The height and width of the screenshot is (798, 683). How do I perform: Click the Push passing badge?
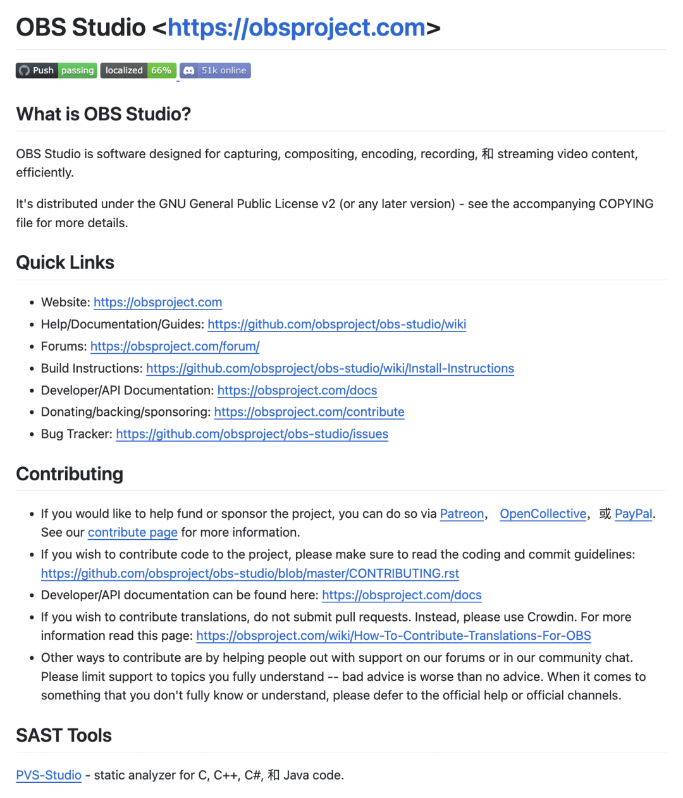56,70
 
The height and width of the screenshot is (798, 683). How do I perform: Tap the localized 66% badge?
138,70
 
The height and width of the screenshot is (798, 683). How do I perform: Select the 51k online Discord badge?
215,70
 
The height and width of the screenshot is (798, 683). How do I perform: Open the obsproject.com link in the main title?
297,28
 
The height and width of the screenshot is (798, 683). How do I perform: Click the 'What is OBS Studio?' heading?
104,114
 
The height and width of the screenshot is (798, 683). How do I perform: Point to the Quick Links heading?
65,263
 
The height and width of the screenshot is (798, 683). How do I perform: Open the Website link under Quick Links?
157,302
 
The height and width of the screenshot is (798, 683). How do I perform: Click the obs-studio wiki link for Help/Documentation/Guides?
336,325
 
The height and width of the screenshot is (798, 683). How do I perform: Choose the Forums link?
175,347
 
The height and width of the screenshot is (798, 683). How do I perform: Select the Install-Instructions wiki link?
329,368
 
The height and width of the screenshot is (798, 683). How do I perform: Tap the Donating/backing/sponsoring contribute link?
309,412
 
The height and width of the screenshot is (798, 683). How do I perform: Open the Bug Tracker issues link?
252,434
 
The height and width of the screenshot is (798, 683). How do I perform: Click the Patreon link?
462,514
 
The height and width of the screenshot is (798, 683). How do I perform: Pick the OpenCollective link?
543,514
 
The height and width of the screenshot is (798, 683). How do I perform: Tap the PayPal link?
633,514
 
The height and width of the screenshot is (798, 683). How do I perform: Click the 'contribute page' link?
132,532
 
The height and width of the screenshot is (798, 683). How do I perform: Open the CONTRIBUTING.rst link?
250,573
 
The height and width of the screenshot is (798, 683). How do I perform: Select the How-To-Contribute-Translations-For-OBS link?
393,635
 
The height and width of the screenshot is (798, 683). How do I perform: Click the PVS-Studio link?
49,775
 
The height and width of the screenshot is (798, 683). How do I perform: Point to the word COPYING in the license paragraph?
626,204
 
